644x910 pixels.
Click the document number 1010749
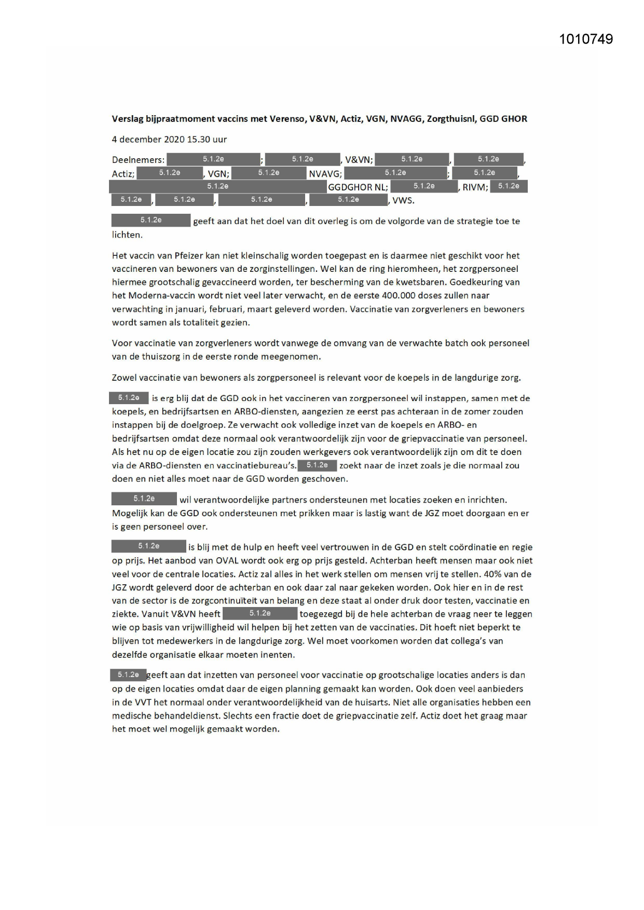point(586,39)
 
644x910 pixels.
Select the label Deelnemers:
point(138,160)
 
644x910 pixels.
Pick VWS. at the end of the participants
point(403,200)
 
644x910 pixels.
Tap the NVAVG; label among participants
point(325,174)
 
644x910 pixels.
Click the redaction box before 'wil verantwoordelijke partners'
point(144,499)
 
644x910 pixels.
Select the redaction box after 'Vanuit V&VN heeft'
point(260,614)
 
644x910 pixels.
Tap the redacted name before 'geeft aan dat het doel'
point(151,220)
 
